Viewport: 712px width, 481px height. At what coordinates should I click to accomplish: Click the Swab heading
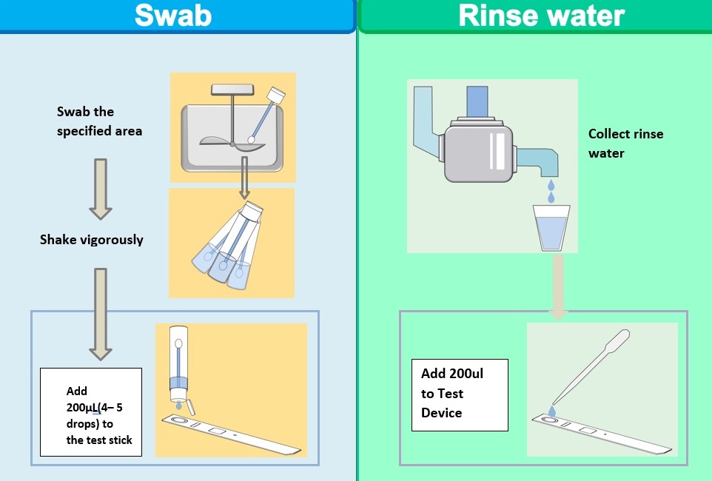(173, 15)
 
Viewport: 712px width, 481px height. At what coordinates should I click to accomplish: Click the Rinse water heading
(541, 15)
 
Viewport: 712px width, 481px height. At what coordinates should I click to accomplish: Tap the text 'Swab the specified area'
(99, 121)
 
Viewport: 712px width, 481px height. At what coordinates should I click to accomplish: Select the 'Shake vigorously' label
(92, 239)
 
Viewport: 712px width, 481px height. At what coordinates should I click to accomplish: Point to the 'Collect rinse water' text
(625, 143)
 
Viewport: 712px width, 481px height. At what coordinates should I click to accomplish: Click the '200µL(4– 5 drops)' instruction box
(91, 412)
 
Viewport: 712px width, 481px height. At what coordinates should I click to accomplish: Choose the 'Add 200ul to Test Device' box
(460, 394)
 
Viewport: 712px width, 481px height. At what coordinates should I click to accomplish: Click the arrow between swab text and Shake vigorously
(101, 189)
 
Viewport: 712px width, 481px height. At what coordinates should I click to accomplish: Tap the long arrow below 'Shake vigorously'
(101, 314)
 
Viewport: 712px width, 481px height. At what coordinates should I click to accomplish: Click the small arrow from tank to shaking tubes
(244, 178)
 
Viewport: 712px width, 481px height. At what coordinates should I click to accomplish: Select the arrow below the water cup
(558, 286)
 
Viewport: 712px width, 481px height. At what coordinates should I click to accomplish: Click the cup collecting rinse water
(551, 228)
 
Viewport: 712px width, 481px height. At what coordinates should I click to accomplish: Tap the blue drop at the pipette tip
(552, 411)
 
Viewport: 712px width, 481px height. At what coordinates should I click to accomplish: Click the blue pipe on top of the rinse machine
(477, 102)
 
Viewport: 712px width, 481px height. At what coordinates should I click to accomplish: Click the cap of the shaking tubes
(252, 211)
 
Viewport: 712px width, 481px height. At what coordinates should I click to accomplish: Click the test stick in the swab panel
(231, 434)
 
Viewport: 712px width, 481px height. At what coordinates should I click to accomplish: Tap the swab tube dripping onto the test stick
(178, 364)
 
